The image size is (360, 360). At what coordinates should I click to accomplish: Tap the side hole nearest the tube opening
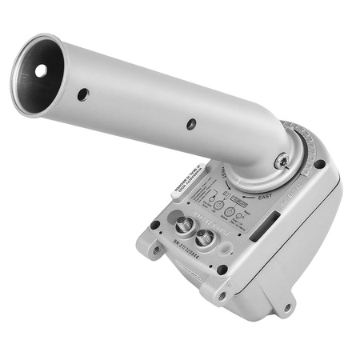tap(83, 94)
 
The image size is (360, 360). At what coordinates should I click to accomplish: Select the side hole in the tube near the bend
tap(190, 124)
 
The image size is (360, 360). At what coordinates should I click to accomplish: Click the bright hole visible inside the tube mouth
tap(40, 70)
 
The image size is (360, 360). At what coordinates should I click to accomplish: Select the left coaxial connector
tap(183, 226)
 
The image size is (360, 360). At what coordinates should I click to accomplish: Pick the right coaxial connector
tap(205, 237)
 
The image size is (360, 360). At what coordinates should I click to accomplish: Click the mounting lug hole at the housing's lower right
tap(286, 306)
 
